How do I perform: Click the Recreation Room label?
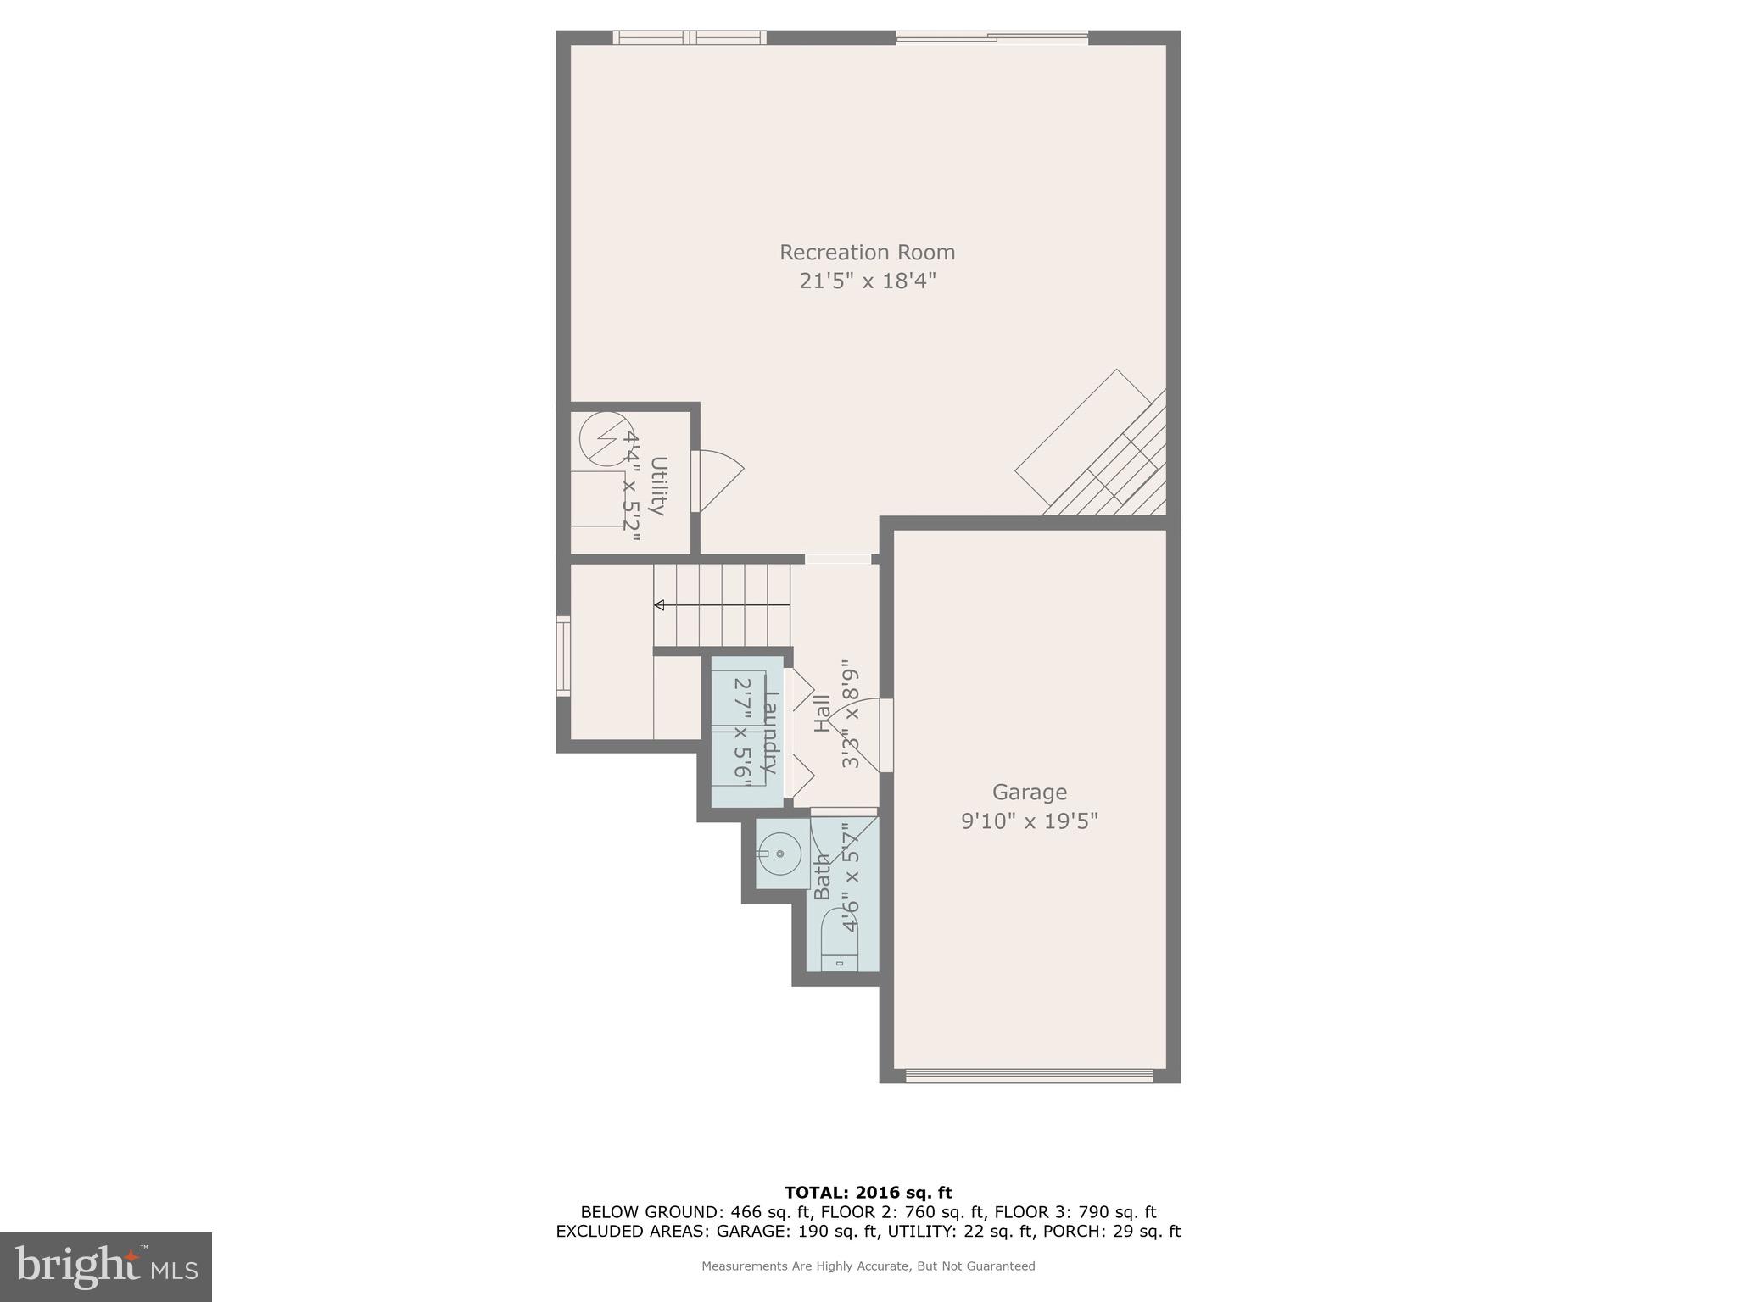pos(867,253)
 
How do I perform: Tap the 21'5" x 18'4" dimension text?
pos(867,281)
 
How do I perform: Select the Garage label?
pos(1029,793)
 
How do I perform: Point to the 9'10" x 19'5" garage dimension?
pos(1029,821)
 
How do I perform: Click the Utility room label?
pos(658,486)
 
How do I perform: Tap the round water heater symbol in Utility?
pos(600,439)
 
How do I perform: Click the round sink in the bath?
pos(779,854)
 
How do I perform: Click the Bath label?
pos(823,877)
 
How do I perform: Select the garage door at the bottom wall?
pos(1029,1077)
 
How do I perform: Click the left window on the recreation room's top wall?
pos(689,37)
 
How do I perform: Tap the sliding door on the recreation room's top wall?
pos(991,37)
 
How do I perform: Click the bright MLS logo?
pos(105,1266)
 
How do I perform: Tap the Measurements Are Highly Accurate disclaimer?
pos(868,1266)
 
